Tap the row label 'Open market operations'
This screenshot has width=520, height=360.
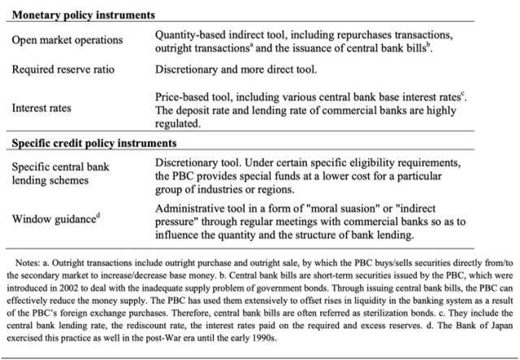pyautogui.click(x=67, y=40)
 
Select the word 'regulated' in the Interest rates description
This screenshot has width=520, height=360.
pyautogui.click(x=178, y=124)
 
